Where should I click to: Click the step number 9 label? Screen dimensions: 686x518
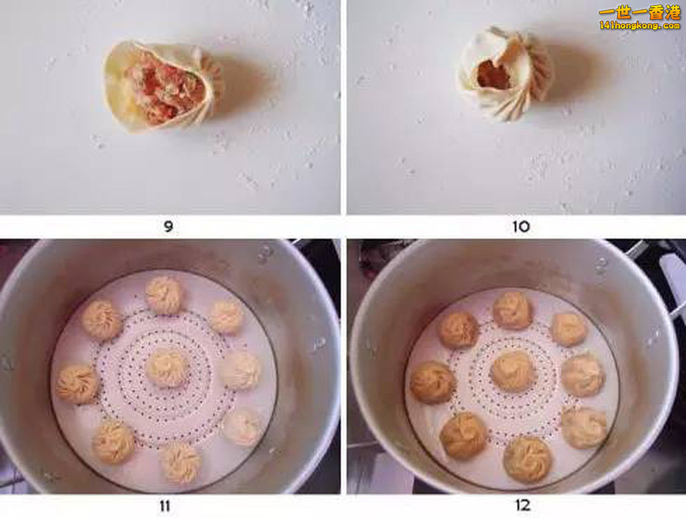click(168, 227)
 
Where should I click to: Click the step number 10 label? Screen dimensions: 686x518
click(521, 227)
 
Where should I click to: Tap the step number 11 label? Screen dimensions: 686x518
click(165, 506)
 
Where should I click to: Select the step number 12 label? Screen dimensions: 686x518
click(523, 505)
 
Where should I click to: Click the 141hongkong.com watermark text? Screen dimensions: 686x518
click(639, 25)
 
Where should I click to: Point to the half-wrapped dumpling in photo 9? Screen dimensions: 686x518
click(163, 86)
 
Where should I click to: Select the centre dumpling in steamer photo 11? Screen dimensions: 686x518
click(167, 368)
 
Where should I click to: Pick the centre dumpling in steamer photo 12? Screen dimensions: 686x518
click(513, 371)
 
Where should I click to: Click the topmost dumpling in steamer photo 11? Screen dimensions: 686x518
click(163, 295)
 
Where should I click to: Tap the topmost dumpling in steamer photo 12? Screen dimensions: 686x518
click(512, 310)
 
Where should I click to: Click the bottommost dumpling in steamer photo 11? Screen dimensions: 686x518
click(181, 463)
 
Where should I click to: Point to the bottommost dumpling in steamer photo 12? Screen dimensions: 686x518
click(527, 460)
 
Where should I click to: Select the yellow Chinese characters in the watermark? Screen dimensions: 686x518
click(639, 13)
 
